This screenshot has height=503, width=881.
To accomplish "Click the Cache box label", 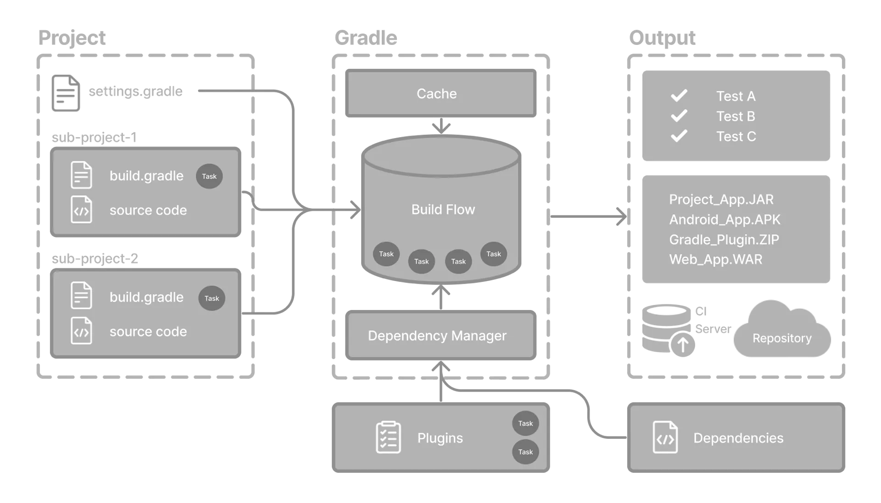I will click(x=436, y=94).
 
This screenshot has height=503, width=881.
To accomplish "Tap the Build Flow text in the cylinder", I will click(x=443, y=210).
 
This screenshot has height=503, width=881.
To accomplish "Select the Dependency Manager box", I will click(x=437, y=336).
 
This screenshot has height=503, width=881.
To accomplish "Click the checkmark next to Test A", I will click(x=679, y=95).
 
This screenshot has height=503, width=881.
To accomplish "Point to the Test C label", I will click(x=736, y=137).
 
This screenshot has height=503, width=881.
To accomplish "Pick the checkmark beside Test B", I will click(x=679, y=116).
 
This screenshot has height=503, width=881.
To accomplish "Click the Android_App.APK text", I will click(x=724, y=220).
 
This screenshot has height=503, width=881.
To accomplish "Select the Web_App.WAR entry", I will click(x=715, y=260).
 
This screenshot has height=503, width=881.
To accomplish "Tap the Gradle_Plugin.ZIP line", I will click(x=724, y=240).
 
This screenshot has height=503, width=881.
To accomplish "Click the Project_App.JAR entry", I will click(x=721, y=199).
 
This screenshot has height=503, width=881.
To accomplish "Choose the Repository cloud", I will click(x=781, y=335).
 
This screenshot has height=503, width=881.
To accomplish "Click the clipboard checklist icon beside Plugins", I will click(x=388, y=437).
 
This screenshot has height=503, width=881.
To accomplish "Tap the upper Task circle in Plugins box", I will click(x=525, y=423).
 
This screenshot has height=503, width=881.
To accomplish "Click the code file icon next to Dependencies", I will click(x=665, y=437).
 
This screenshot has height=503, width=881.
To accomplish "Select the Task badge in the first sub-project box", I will click(x=209, y=176).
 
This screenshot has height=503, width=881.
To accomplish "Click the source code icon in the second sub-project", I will click(x=81, y=331).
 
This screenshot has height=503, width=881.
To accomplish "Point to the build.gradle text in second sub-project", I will click(x=146, y=297).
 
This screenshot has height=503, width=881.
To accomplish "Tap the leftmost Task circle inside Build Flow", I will click(x=386, y=254).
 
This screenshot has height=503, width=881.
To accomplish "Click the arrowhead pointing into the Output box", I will click(x=620, y=216).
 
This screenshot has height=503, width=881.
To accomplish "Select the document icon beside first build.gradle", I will click(x=81, y=175).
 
